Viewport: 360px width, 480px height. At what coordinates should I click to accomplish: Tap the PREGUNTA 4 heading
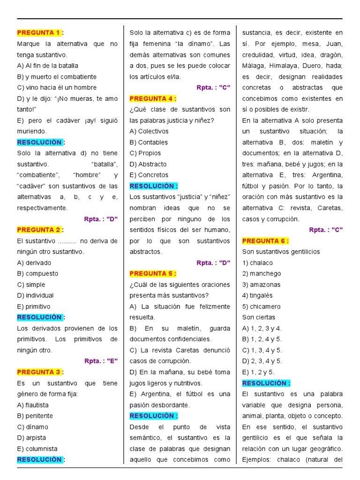point(152,98)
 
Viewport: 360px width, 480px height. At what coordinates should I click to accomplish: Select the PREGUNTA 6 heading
point(265,241)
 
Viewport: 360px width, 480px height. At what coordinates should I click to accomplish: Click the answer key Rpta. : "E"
point(101,361)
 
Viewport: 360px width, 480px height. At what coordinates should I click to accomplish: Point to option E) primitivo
point(34,307)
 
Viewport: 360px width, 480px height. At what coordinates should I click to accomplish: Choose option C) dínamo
point(32,427)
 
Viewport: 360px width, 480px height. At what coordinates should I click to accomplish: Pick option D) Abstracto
point(148,164)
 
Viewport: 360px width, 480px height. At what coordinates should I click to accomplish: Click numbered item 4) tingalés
point(257,296)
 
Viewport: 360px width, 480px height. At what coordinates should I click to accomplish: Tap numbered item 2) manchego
point(262,274)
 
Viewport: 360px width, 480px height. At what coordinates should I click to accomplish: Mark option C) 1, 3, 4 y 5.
point(262,350)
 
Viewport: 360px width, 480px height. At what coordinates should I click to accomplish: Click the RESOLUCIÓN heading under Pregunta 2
point(40,317)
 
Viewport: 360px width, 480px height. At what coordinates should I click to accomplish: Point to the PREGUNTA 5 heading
point(152,274)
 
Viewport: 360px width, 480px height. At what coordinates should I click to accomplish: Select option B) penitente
point(35,416)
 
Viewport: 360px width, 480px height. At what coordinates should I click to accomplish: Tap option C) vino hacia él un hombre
point(57,88)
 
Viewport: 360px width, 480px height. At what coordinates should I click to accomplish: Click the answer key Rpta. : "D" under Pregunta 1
point(101,219)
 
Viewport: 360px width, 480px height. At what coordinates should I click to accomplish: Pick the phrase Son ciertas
point(259,317)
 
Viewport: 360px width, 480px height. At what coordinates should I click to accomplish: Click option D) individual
point(35,296)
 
